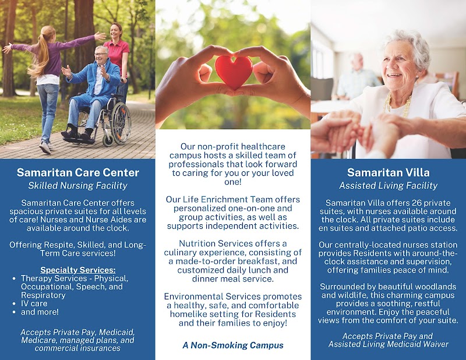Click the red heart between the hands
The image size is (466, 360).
coord(233,72)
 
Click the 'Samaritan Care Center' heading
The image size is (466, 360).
coord(77,172)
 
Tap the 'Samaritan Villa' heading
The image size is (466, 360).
coord(388,172)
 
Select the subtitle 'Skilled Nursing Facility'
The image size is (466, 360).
coord(77,186)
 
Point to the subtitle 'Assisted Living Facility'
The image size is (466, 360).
coord(388,186)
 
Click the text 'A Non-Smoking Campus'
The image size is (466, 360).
coord(233,345)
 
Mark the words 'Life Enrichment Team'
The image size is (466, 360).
coord(234,199)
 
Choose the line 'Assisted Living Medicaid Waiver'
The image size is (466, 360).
coord(388,344)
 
